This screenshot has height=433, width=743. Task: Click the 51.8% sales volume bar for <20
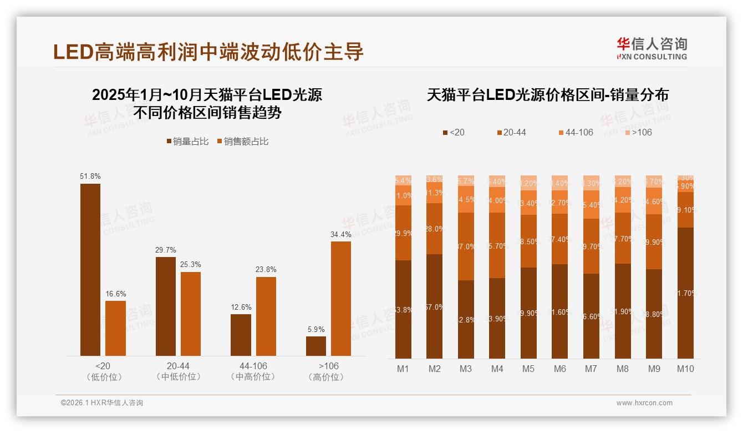pos(90,269)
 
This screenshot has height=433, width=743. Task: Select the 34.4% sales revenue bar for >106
pos(341,298)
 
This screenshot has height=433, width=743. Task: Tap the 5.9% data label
pos(315,329)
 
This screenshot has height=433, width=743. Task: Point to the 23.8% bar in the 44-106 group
pos(266,316)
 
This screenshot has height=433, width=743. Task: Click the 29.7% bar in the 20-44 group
pos(165,306)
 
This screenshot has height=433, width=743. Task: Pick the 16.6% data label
pos(115,294)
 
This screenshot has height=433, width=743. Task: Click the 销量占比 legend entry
pos(187,142)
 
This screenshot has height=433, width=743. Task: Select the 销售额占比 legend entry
pos(243,142)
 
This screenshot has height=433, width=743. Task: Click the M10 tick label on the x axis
pos(685,369)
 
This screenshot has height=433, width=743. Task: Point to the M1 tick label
pos(403,369)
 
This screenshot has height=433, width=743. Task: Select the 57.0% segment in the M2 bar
pos(435,306)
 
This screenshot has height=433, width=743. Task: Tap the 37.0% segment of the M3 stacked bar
pos(466,246)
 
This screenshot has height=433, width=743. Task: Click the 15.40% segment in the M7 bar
pos(591,205)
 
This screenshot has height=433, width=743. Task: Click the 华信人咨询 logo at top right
pos(652,49)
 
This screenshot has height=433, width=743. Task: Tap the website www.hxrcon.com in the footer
pos(644,403)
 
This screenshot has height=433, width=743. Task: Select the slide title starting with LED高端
pos(208,51)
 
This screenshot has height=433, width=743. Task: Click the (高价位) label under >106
pos(329,377)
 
